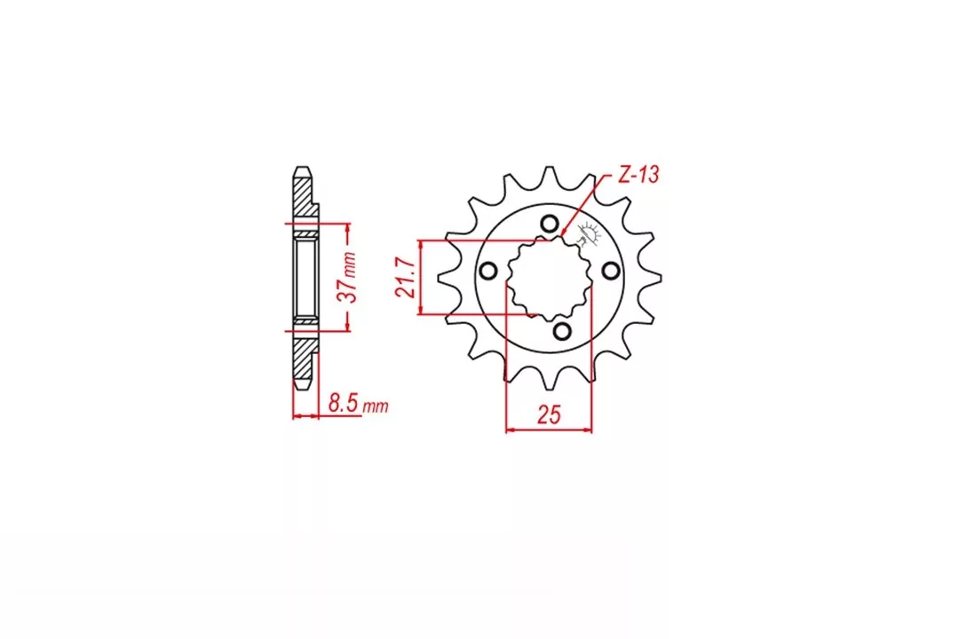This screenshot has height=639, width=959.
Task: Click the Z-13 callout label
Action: pos(638,175)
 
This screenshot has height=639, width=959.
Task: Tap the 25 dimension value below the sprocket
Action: pos(549,414)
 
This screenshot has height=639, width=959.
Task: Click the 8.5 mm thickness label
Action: pos(357,405)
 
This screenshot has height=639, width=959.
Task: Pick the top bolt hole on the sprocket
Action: pos(549,223)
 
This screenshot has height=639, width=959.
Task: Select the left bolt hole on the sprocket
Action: pos(487,271)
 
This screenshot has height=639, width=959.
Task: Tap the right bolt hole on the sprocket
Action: pos(610,270)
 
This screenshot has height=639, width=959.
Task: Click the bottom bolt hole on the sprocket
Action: pos(561,331)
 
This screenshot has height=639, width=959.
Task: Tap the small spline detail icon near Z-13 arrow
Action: pos(587,236)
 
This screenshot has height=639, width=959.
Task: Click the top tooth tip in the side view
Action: pos(303,170)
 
